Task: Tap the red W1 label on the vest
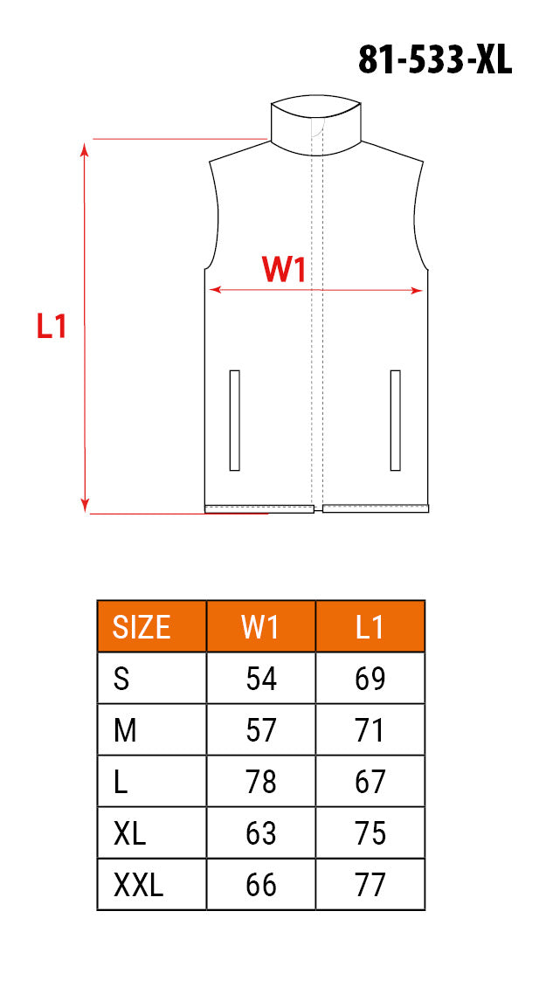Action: (x=284, y=270)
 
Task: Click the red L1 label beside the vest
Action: (x=52, y=326)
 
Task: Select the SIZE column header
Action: (x=142, y=627)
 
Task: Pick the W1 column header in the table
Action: (x=260, y=627)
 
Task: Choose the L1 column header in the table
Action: (x=370, y=627)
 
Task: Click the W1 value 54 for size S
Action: (x=261, y=679)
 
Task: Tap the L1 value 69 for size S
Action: (x=370, y=679)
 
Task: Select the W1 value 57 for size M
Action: (x=261, y=730)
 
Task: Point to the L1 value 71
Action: (x=370, y=730)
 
